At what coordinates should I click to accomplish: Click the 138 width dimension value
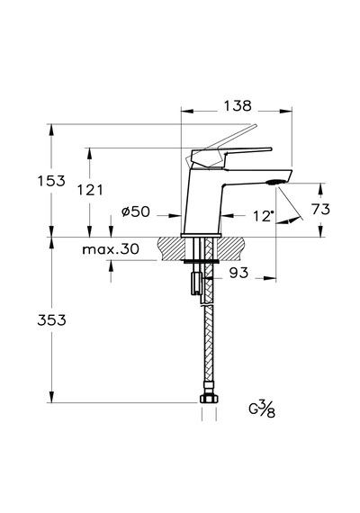coord(238,105)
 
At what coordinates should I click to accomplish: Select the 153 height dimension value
coord(51,181)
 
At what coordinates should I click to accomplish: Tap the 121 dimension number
coord(90,190)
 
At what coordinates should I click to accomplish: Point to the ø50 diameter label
coord(136,211)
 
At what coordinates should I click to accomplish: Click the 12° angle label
coord(264,216)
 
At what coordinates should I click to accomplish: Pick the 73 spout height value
coord(320,209)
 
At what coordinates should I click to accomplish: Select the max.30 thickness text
coord(111,249)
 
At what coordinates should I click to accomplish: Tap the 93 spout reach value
coord(238,273)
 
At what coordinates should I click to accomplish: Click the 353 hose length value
coord(51,320)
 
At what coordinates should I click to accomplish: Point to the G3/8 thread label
coord(262,409)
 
